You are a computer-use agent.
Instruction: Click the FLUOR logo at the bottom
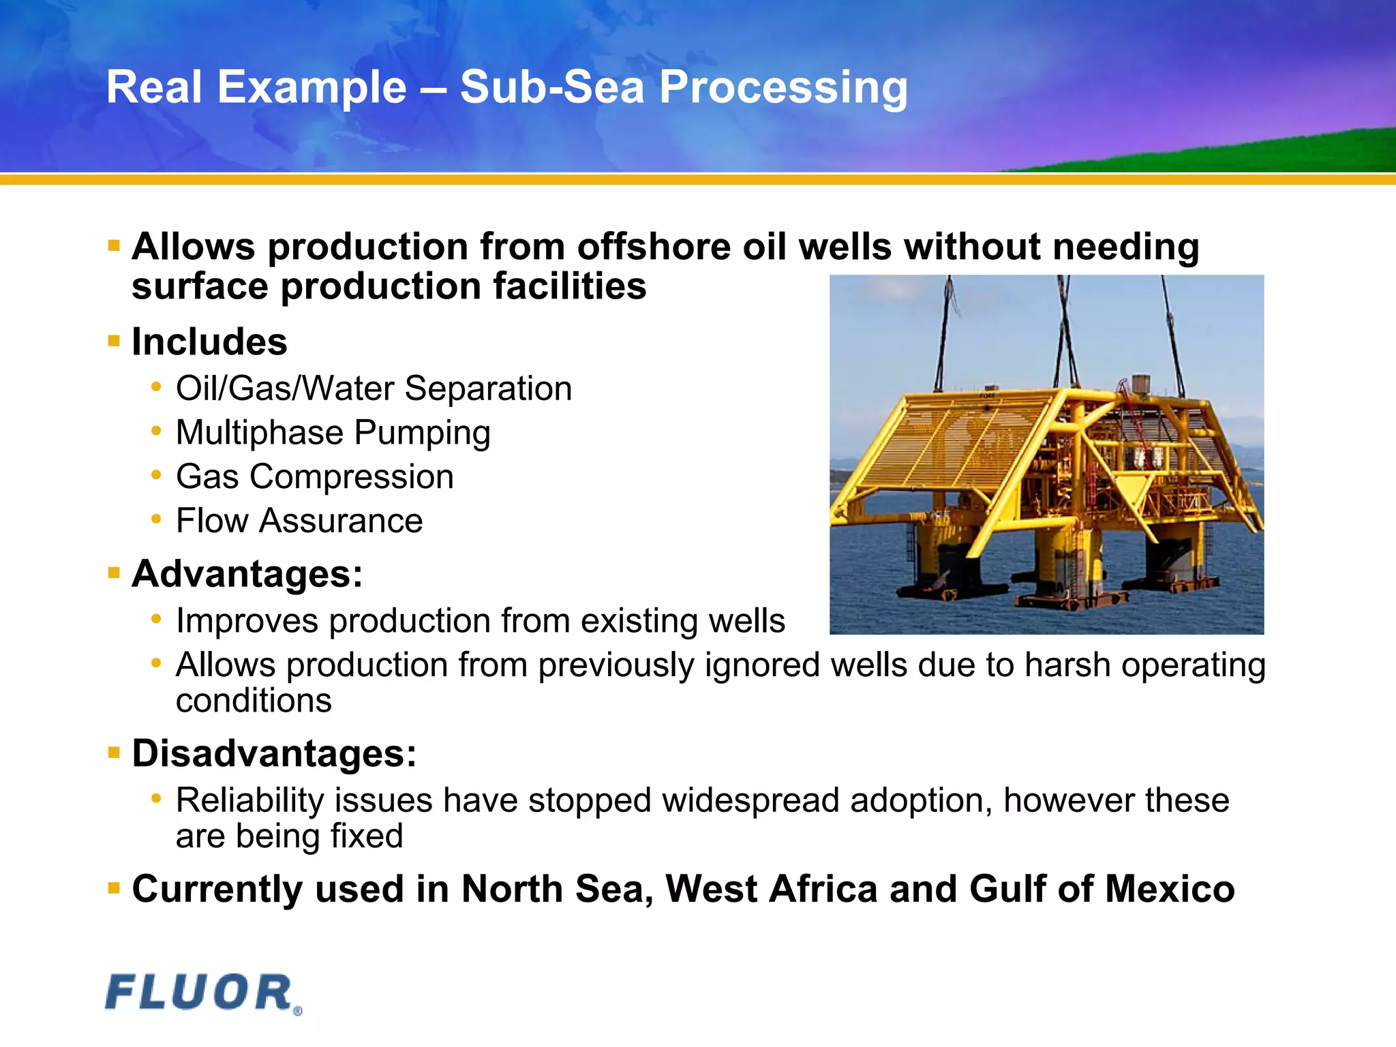[x=202, y=993]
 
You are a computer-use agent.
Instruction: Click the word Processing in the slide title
[x=783, y=89]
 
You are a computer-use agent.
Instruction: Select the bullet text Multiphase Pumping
[x=333, y=433]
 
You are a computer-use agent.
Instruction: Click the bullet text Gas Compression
[x=314, y=476]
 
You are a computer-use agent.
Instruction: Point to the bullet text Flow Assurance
[x=299, y=521]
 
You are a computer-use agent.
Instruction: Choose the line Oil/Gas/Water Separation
[x=374, y=389]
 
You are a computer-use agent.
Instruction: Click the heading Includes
[x=209, y=342]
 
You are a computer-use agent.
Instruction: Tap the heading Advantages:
[x=247, y=574]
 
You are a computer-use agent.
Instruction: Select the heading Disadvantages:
[x=274, y=754]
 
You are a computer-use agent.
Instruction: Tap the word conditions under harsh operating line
[x=254, y=701]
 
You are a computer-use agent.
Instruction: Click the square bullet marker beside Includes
[x=114, y=340]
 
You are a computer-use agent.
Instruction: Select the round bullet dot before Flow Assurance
[x=156, y=519]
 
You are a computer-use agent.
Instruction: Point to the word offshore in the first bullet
[x=653, y=247]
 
